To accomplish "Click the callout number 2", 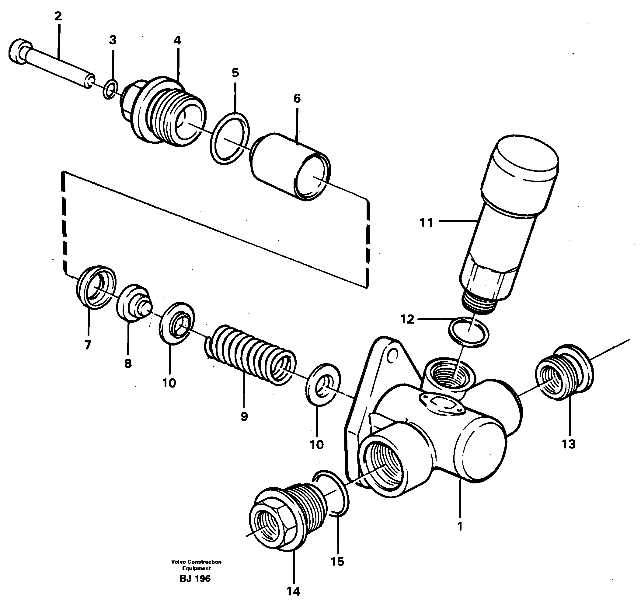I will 58,16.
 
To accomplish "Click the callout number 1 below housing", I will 460,527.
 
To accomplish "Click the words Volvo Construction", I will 196,562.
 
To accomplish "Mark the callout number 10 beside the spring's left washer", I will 169,383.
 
